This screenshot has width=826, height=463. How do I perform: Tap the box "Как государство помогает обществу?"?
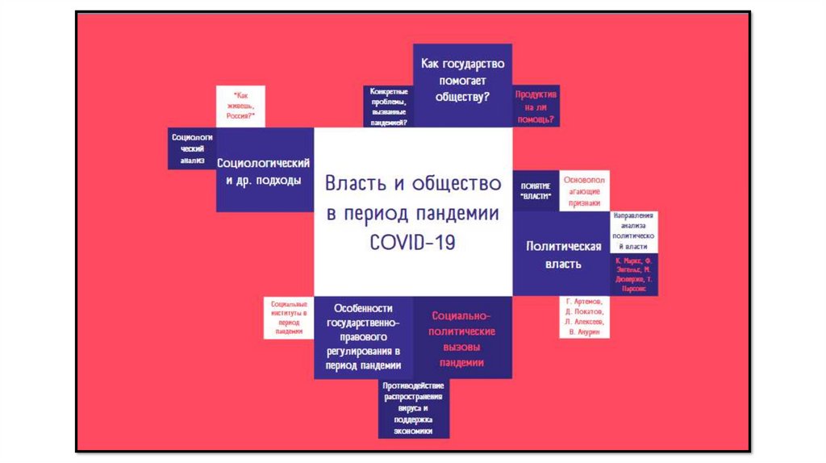tap(462, 81)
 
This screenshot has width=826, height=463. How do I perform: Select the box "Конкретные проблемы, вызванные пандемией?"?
tap(388, 106)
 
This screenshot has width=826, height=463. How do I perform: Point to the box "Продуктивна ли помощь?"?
tap(536, 106)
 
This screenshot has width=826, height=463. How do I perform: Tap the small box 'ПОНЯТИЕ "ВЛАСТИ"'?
tap(536, 190)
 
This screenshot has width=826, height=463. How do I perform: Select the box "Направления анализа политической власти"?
tap(634, 233)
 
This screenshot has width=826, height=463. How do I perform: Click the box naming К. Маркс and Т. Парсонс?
tap(634, 274)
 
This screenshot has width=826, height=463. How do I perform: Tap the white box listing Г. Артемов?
tap(585, 317)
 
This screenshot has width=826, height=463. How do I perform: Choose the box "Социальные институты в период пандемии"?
tap(288, 317)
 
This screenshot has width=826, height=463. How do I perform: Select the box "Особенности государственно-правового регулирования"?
tap(364, 337)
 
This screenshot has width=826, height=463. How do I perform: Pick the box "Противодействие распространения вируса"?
tap(413, 408)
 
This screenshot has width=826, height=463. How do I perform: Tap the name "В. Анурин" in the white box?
tap(585, 332)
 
